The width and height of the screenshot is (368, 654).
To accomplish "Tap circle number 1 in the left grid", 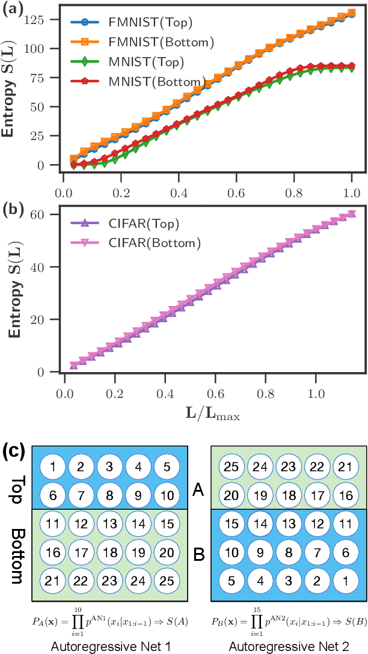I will pyautogui.click(x=53, y=466).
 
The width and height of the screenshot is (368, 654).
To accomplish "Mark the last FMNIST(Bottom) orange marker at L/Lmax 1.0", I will pyautogui.click(x=351, y=13).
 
